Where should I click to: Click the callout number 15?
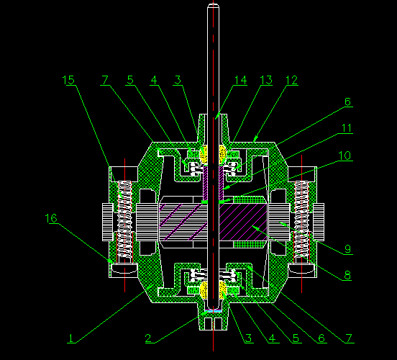68,80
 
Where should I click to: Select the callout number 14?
241,80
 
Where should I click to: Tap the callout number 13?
266,80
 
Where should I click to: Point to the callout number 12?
292,80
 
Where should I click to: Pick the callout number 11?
347,128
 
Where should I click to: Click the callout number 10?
344,156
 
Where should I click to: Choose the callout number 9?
348,249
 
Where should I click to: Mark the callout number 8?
347,275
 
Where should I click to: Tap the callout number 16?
51,218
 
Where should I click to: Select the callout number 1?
71,338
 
